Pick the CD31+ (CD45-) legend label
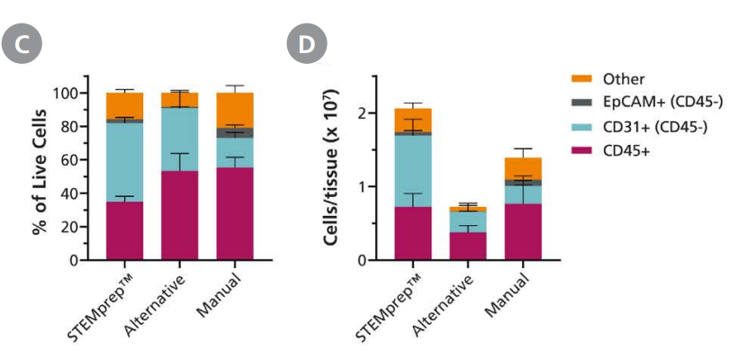click(x=654, y=128)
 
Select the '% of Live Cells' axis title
click(x=39, y=175)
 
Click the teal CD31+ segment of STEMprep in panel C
click(x=124, y=162)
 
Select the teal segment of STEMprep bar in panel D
click(x=413, y=171)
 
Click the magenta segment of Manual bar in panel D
click(x=523, y=232)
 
